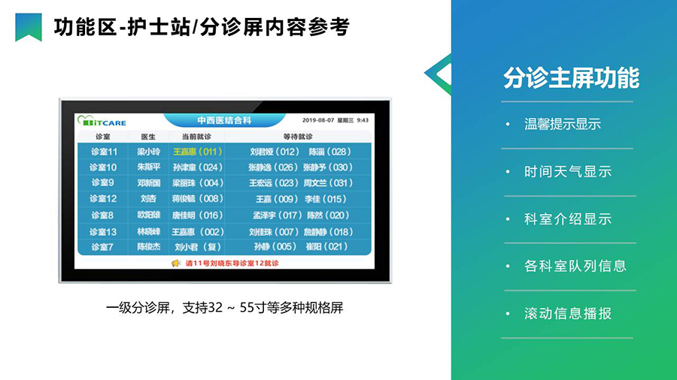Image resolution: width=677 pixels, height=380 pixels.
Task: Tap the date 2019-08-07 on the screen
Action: tap(320, 120)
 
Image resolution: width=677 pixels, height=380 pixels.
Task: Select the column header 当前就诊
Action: tap(196, 137)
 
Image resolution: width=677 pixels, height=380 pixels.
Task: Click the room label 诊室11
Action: tap(104, 151)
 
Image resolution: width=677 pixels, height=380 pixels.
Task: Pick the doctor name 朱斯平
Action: tap(148, 167)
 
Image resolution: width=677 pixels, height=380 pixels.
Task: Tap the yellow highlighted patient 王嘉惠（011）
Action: tap(197, 151)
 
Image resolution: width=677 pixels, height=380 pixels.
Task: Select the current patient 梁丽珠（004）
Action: tap(197, 182)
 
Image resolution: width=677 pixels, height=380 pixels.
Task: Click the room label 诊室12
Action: tap(104, 199)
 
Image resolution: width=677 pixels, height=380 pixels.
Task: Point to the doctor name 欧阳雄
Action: tap(148, 215)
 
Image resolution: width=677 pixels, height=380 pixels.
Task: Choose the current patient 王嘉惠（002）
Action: tap(197, 231)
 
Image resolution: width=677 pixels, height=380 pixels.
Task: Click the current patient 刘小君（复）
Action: tap(197, 246)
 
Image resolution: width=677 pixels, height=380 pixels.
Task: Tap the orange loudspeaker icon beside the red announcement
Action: tap(176, 263)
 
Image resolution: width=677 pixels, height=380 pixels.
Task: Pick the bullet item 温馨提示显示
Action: tap(562, 125)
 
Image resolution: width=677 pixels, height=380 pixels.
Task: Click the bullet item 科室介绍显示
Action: tap(567, 219)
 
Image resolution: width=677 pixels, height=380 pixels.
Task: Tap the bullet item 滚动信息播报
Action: tap(567, 313)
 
